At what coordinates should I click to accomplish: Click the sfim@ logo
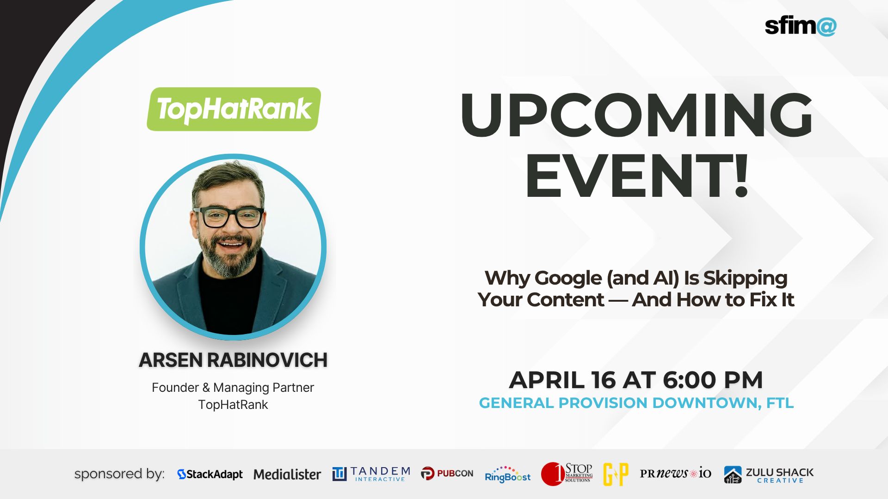click(x=800, y=26)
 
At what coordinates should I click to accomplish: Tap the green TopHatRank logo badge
click(x=234, y=110)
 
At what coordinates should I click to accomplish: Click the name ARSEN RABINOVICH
click(x=233, y=360)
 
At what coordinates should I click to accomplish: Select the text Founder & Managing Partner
click(x=233, y=387)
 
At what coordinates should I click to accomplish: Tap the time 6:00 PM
click(x=712, y=380)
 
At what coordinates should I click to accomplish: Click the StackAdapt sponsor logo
click(x=210, y=474)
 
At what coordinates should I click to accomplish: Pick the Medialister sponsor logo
click(x=287, y=474)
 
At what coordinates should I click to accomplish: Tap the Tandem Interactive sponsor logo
click(x=371, y=474)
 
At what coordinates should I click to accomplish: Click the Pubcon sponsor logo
click(x=447, y=474)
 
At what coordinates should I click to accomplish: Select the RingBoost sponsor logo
click(x=507, y=475)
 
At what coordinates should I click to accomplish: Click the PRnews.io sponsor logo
click(x=675, y=473)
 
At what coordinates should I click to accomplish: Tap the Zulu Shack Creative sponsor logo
click(x=769, y=475)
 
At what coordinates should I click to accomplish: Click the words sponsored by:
click(x=119, y=474)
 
